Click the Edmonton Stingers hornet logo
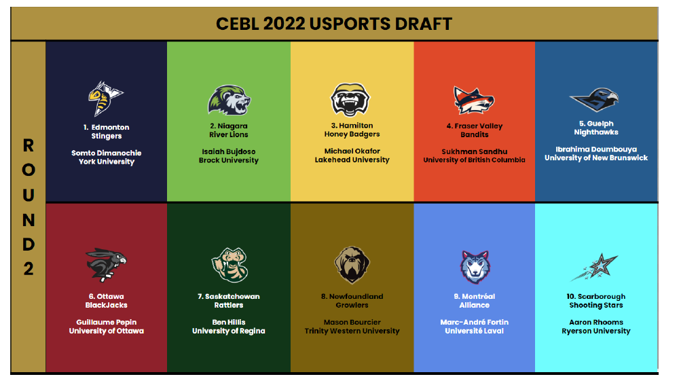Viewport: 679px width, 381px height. point(105,98)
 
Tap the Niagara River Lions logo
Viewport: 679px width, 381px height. point(229,100)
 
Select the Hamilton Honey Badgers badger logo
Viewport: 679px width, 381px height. point(350,100)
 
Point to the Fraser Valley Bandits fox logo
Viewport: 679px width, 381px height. point(474,101)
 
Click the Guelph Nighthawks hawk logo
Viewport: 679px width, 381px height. point(594,100)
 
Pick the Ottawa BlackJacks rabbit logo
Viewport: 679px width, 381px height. point(106,265)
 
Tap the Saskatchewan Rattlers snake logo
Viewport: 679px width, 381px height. point(230,265)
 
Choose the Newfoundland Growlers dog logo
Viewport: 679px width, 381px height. point(352,265)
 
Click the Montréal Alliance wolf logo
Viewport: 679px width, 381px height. point(475,267)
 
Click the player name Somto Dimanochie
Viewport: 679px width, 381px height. point(107,153)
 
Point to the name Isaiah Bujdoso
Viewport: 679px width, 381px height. point(229,151)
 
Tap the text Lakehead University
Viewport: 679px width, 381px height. point(352,160)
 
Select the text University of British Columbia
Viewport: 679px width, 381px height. point(474,160)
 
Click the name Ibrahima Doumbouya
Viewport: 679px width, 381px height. point(596,149)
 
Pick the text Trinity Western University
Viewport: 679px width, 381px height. point(352,331)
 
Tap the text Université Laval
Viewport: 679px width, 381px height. point(474,331)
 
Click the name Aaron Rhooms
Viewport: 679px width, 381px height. point(596,322)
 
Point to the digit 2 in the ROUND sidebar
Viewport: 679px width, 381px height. point(28,269)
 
